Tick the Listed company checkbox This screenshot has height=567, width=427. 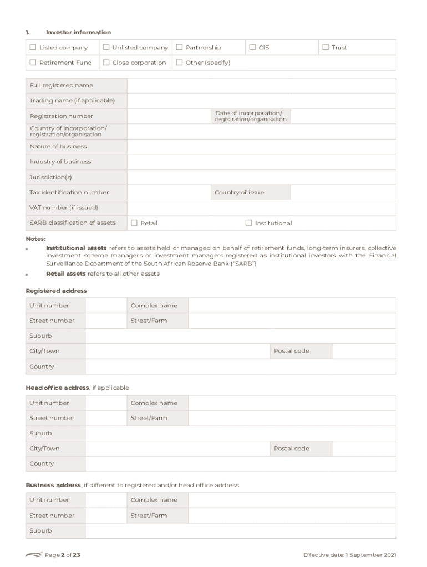[x=33, y=48]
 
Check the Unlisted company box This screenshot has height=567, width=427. [x=106, y=48]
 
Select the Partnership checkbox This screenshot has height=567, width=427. [x=179, y=48]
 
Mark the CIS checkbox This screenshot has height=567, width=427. [x=252, y=48]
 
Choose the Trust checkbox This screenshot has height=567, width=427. [x=326, y=48]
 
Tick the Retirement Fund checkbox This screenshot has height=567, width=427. [x=33, y=63]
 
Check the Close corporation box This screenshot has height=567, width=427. [x=106, y=63]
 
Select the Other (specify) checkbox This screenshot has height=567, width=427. [x=179, y=63]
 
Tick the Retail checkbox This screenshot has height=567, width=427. [x=134, y=223]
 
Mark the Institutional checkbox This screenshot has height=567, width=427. [x=248, y=223]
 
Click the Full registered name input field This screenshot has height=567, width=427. [x=261, y=86]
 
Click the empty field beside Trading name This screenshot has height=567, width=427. [x=261, y=101]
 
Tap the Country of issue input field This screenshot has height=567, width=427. [x=343, y=193]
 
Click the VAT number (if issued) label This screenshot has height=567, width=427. [x=64, y=208]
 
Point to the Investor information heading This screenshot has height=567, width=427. [x=78, y=33]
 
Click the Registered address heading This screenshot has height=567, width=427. [x=56, y=291]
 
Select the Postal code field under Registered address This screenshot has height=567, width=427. [x=364, y=351]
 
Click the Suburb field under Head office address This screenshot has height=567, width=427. [x=240, y=434]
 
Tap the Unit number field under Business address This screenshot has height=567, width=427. [x=106, y=500]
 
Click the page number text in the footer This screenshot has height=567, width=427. [x=63, y=555]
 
